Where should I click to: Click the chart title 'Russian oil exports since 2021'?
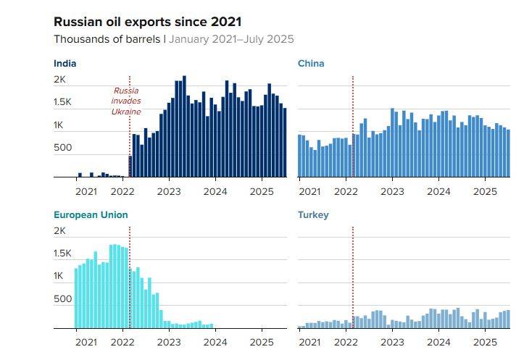(147, 22)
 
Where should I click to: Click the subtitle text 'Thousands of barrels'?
(107, 39)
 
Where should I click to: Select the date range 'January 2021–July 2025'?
(231, 39)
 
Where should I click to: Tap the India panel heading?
(65, 64)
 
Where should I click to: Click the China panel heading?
(311, 64)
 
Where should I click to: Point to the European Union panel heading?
(91, 214)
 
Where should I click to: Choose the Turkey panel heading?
(313, 214)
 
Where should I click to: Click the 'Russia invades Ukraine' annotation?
(126, 101)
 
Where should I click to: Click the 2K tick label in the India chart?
(60, 80)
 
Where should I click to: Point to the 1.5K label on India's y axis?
(62, 102)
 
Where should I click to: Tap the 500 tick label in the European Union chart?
(63, 298)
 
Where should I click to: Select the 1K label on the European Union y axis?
(59, 275)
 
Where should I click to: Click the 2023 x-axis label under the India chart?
(169, 192)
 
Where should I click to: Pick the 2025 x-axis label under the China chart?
(485, 192)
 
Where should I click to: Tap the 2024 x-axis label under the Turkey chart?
(438, 343)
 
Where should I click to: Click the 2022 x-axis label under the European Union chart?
(122, 343)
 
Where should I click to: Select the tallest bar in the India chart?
(184, 126)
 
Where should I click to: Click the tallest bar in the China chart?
(392, 143)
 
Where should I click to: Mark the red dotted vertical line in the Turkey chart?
(353, 277)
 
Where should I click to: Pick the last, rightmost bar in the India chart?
(285, 143)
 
